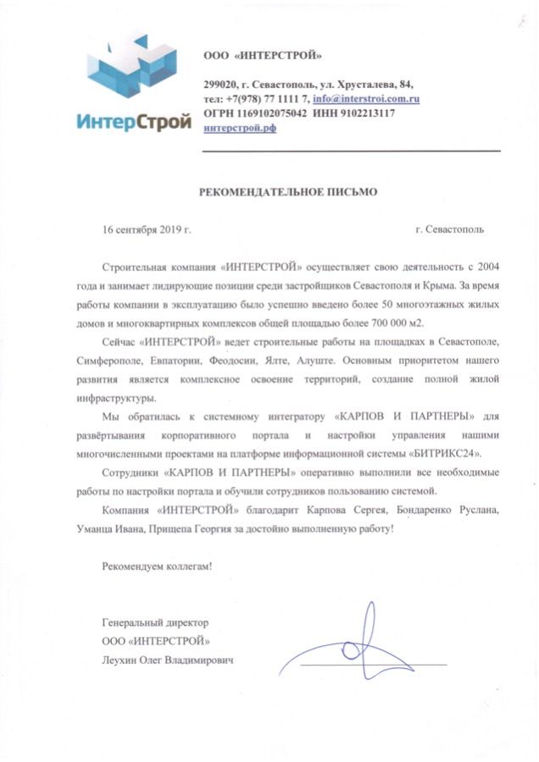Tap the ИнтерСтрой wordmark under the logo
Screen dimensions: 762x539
click(x=133, y=120)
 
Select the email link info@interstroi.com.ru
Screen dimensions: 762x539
click(x=366, y=99)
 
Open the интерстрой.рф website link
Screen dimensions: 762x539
click(x=242, y=128)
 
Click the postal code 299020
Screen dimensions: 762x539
click(x=221, y=85)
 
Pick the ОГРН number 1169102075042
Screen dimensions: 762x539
click(x=269, y=113)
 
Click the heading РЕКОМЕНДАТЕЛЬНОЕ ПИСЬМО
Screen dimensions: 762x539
click(x=288, y=192)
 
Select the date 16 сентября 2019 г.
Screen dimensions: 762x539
click(x=147, y=229)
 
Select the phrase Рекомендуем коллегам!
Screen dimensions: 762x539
click(x=157, y=565)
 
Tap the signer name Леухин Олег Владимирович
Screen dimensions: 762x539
click(x=167, y=659)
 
